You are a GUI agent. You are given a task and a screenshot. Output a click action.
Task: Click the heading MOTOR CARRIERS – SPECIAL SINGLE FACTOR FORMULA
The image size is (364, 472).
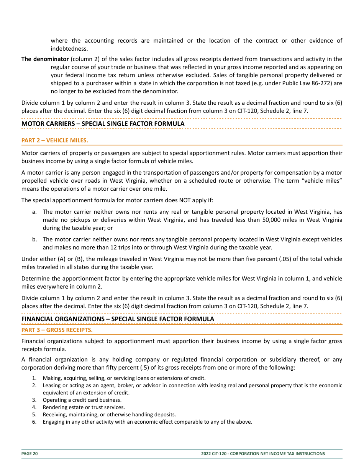click(x=103, y=124)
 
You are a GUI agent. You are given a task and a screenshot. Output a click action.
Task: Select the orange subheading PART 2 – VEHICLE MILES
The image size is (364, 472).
click(x=55, y=140)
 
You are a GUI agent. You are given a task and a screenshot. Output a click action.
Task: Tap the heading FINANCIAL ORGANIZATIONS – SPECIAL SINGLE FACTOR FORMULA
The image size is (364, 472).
click(x=118, y=319)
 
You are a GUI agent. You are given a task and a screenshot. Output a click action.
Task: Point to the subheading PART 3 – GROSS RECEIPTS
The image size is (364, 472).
click(x=57, y=330)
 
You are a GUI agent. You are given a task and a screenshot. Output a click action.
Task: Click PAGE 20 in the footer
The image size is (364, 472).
click(x=30, y=454)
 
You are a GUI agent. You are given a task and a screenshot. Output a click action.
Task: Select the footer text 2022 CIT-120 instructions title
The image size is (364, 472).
click(x=263, y=454)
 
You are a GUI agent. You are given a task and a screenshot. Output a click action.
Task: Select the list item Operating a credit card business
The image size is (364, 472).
click(x=82, y=400)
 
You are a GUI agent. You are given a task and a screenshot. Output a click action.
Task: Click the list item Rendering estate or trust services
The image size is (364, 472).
click(x=84, y=407)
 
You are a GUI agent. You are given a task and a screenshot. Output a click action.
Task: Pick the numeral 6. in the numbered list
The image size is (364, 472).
click(x=34, y=422)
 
